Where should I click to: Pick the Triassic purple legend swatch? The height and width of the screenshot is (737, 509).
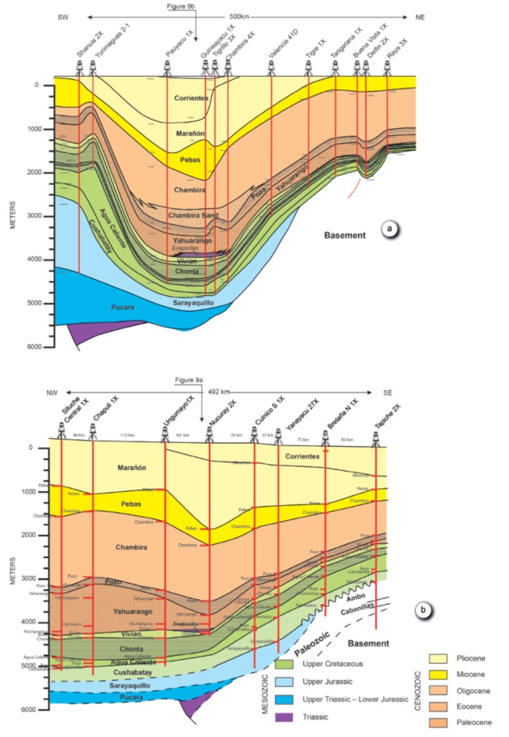287,716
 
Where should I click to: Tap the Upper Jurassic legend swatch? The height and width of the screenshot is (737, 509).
287,681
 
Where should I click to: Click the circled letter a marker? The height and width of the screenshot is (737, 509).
392,230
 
